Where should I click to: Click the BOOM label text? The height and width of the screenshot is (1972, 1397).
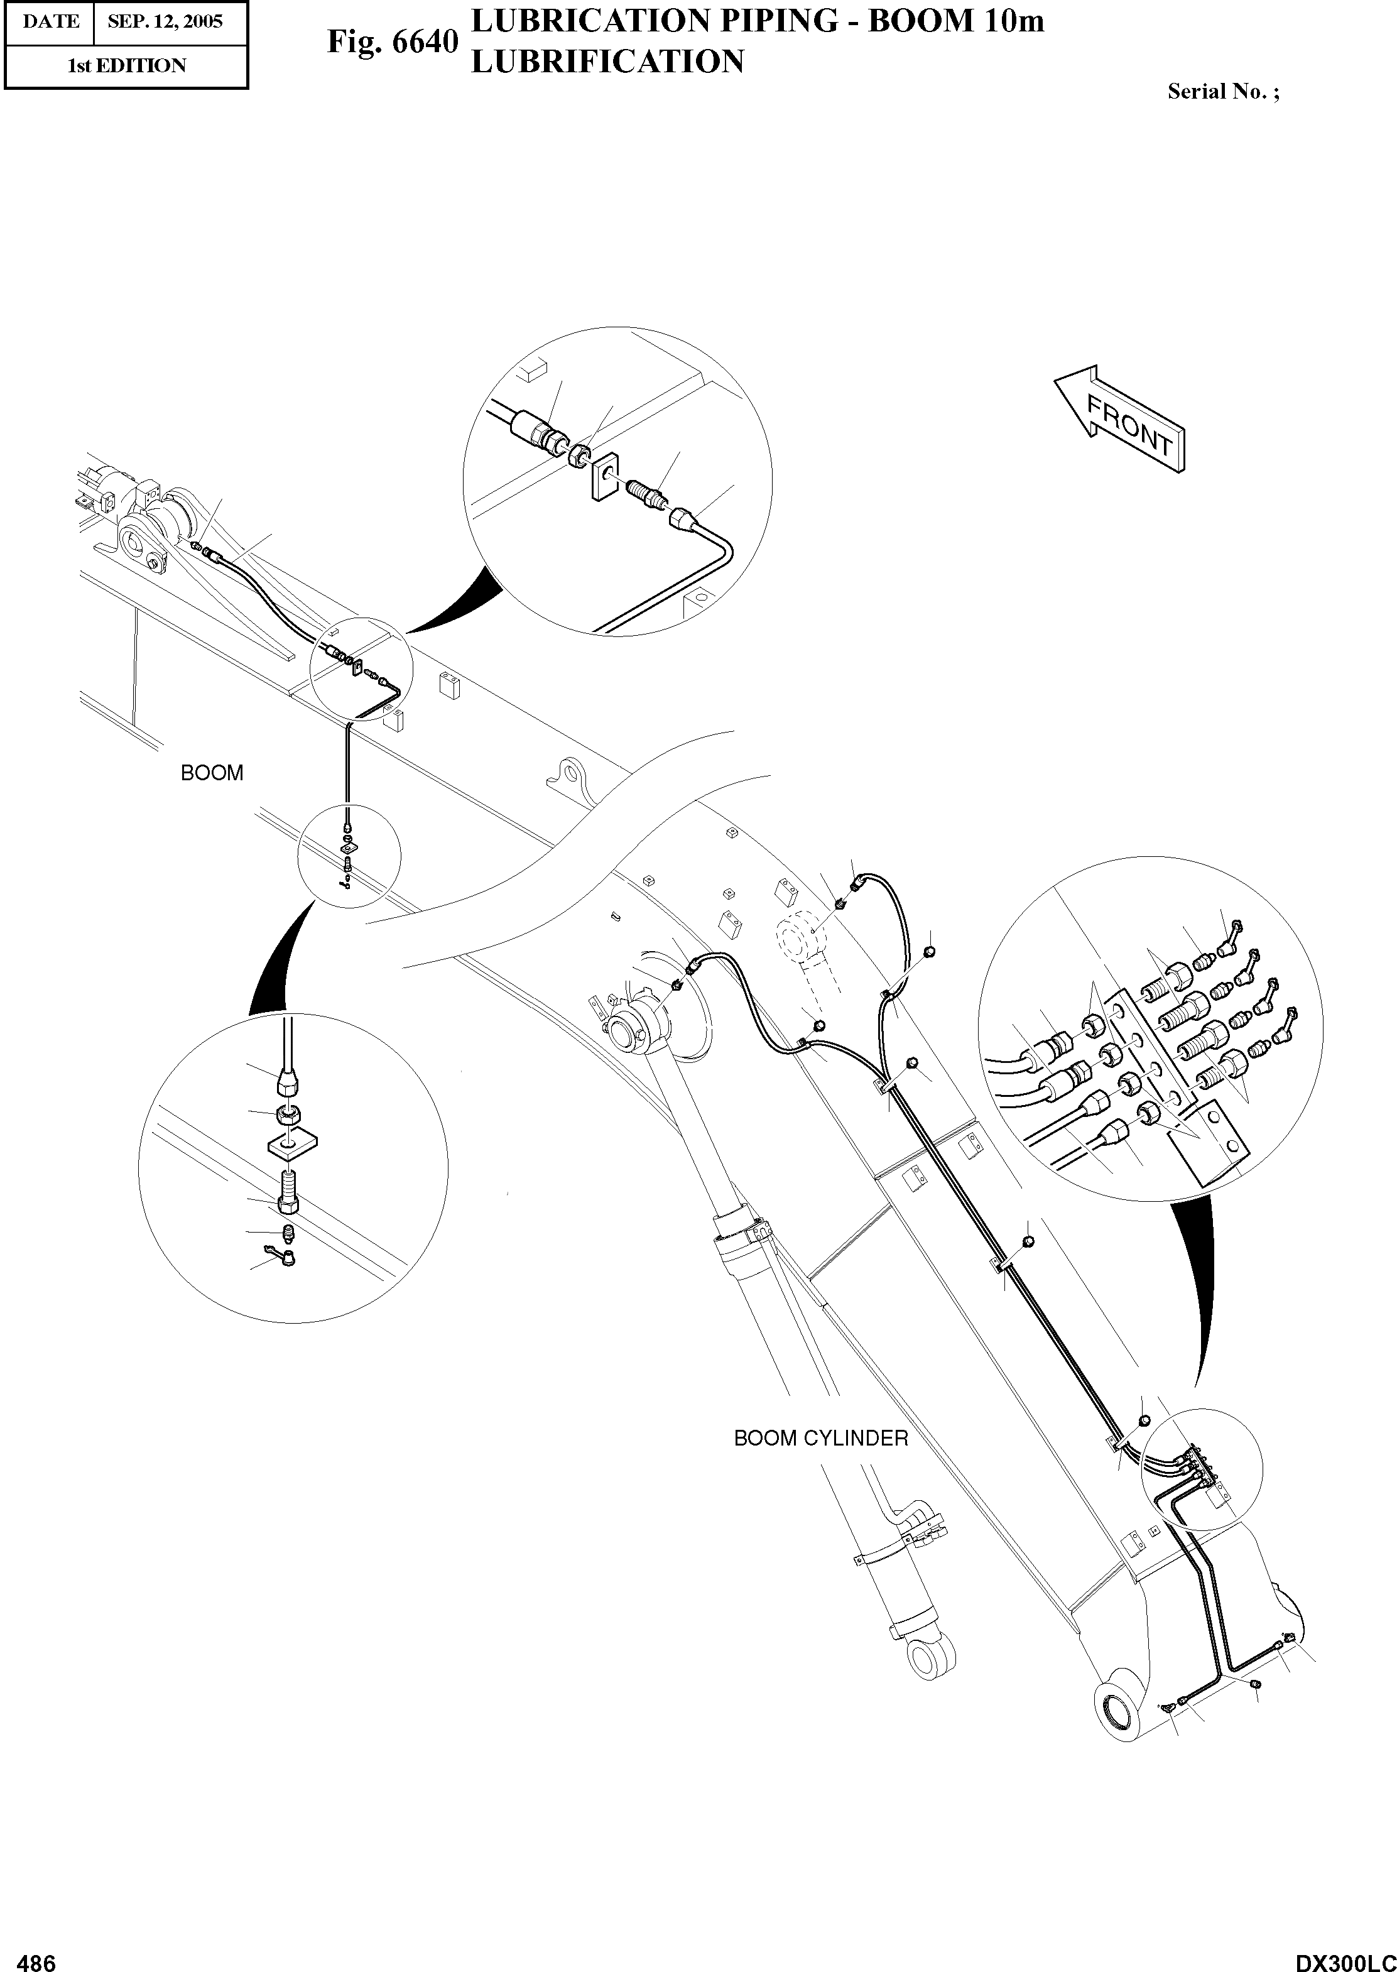click(x=212, y=773)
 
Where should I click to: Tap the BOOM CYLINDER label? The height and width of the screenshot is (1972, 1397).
click(x=820, y=1439)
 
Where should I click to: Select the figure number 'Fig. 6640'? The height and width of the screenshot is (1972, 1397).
click(x=392, y=41)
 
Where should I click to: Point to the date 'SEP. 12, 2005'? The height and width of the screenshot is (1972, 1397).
click(x=165, y=21)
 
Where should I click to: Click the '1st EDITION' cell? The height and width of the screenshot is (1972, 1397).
click(x=126, y=66)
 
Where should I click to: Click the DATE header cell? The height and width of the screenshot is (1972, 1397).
click(x=50, y=21)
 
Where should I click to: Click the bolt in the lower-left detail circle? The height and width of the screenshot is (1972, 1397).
click(x=289, y=1190)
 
